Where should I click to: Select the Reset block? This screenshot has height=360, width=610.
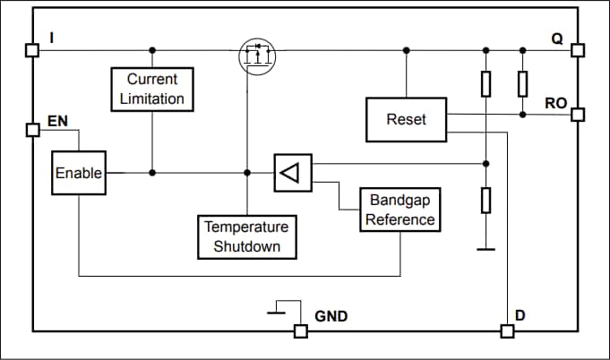pyautogui.click(x=406, y=120)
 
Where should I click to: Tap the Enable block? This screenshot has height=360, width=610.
pyautogui.click(x=78, y=173)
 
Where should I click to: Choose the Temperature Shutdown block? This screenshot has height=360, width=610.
pyautogui.click(x=246, y=236)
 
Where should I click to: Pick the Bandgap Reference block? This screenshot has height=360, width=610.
pyautogui.click(x=401, y=210)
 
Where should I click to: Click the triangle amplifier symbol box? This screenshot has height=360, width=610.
pyautogui.click(x=293, y=173)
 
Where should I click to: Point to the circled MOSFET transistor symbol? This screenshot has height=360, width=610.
pyautogui.click(x=257, y=56)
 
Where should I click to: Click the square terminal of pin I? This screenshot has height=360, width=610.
pyautogui.click(x=32, y=51)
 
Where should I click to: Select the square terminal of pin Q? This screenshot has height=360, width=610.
pyautogui.click(x=577, y=51)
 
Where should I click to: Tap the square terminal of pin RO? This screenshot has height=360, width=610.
pyautogui.click(x=577, y=115)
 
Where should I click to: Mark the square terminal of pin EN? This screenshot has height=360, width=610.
pyautogui.click(x=32, y=130)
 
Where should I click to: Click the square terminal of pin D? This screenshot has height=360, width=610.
pyautogui.click(x=507, y=331)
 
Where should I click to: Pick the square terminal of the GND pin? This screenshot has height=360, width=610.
pyautogui.click(x=300, y=331)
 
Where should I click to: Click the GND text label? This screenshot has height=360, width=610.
pyautogui.click(x=331, y=316)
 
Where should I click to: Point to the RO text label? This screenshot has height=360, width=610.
pyautogui.click(x=555, y=103)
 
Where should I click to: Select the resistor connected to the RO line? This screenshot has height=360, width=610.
pyautogui.click(x=521, y=85)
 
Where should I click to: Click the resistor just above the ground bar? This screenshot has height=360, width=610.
pyautogui.click(x=486, y=200)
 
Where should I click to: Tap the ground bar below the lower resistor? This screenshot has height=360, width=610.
pyautogui.click(x=486, y=249)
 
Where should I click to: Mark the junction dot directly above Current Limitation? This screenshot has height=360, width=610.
pyautogui.click(x=152, y=50)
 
